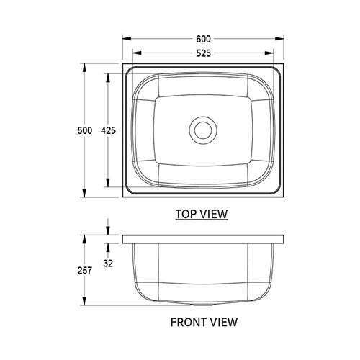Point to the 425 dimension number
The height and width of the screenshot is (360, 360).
(x=108, y=130)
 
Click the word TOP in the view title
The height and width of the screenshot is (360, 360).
(x=187, y=214)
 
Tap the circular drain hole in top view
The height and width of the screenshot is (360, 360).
(x=202, y=130)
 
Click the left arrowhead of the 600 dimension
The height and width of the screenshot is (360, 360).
(x=125, y=40)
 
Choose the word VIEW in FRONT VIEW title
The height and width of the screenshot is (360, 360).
(x=222, y=322)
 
